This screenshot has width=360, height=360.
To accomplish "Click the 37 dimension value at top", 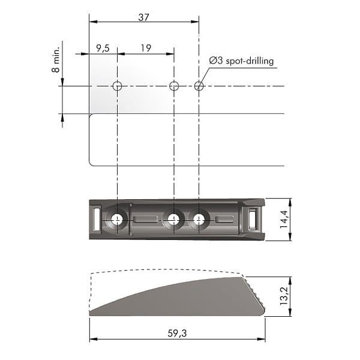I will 143,17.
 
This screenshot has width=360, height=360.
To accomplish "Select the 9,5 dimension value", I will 103,49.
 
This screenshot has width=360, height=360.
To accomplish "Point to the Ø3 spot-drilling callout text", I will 241,61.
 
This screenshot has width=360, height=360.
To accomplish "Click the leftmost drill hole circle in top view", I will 117,86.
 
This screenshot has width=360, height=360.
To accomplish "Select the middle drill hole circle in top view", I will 174,86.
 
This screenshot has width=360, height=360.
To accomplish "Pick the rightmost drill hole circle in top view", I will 199,86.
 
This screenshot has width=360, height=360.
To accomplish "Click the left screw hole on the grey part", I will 117,220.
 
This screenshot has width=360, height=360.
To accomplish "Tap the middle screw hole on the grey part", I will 174,220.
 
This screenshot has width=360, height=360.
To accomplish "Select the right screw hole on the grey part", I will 199,220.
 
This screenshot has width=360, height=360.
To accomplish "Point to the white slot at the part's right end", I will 253,219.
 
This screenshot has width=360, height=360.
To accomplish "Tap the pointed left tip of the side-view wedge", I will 92,312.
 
